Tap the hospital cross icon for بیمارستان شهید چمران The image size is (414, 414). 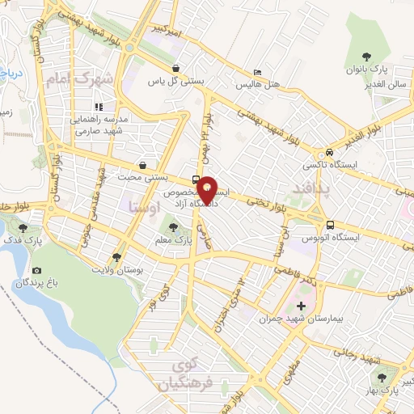point(302,306)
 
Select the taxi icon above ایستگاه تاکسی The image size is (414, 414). point(330,153)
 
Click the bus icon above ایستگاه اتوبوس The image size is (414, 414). point(330,225)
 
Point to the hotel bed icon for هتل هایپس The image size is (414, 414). point(257,73)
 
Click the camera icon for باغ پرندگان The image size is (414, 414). point(36,271)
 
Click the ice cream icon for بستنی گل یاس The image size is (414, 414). point(176,70)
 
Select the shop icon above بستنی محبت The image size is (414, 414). point(143,164)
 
